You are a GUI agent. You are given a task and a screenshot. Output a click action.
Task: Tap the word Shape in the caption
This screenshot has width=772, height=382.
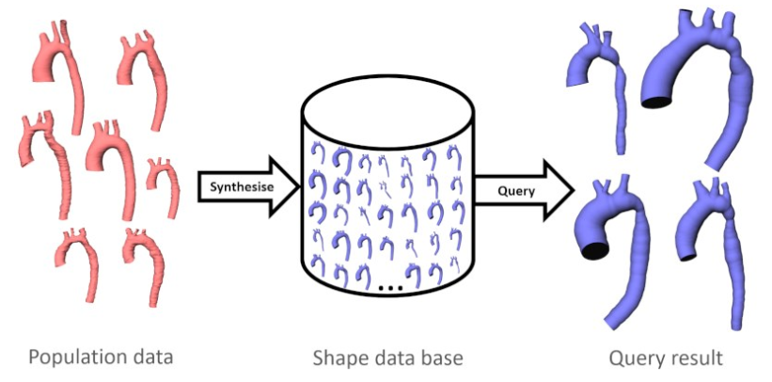pos(341,358)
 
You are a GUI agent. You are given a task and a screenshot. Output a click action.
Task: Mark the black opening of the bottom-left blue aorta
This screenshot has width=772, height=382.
pos(592,249)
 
